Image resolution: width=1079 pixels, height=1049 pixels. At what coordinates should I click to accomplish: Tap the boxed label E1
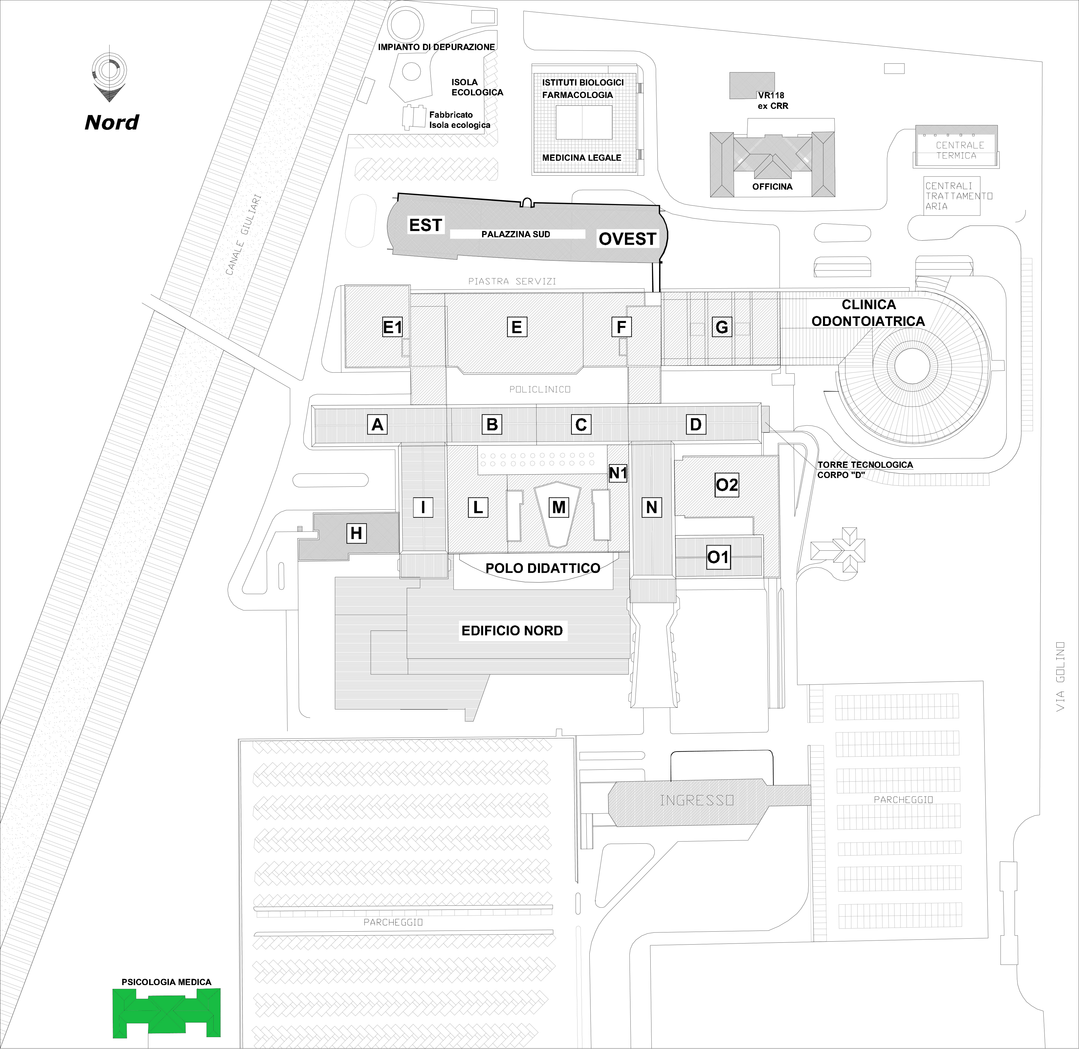click(392, 327)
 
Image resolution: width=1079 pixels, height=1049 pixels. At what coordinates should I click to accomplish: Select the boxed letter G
click(722, 327)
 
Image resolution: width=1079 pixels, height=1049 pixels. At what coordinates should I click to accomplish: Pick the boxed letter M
click(558, 507)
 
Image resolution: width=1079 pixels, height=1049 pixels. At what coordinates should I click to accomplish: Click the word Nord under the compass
click(112, 122)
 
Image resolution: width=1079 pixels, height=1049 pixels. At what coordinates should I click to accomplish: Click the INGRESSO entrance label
click(697, 800)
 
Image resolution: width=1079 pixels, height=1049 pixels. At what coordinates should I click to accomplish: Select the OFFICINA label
click(772, 187)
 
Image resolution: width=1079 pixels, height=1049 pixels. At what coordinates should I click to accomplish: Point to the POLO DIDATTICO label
click(542, 568)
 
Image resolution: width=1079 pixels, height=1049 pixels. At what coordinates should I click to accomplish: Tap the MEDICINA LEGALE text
click(582, 158)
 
